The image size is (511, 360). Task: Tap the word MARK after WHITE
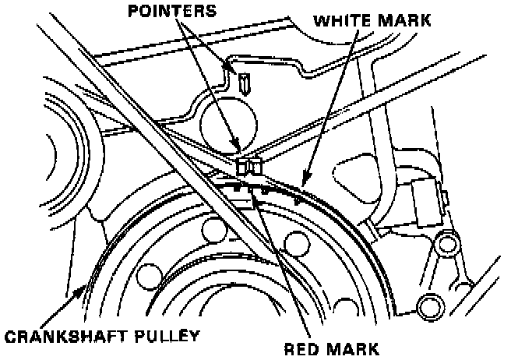(x=404, y=19)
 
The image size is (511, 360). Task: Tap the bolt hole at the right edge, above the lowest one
(x=446, y=246)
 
